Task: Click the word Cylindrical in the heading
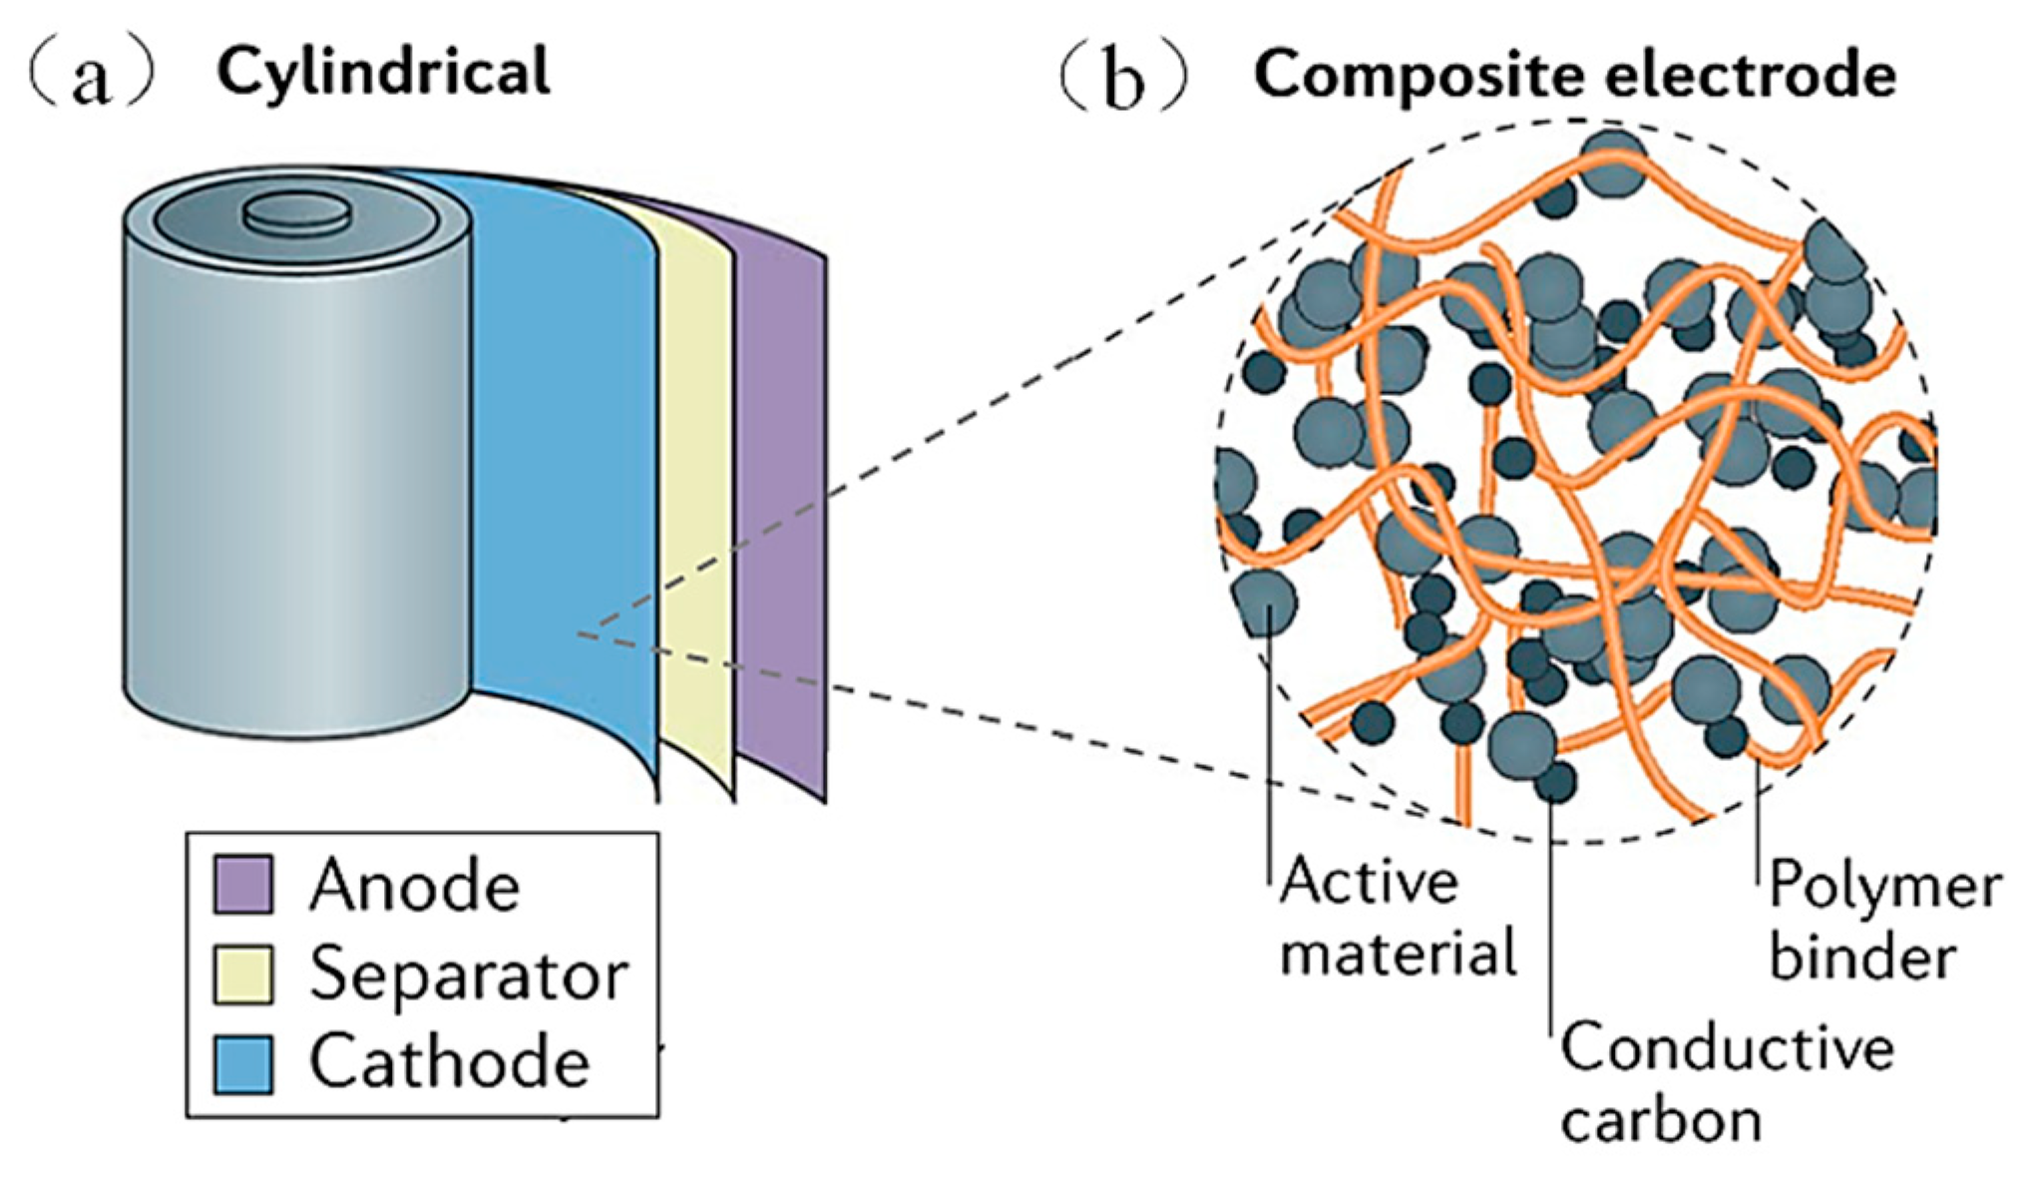coord(383,72)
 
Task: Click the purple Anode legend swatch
coord(243,884)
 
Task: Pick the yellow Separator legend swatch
coord(243,973)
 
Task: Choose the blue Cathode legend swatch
coord(243,1063)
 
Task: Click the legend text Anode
coord(414,886)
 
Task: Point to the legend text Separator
coord(469,975)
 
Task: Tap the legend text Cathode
coord(449,1062)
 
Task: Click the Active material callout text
coord(1397,918)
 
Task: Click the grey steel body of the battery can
coord(299,479)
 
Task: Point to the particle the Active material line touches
coord(1265,602)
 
